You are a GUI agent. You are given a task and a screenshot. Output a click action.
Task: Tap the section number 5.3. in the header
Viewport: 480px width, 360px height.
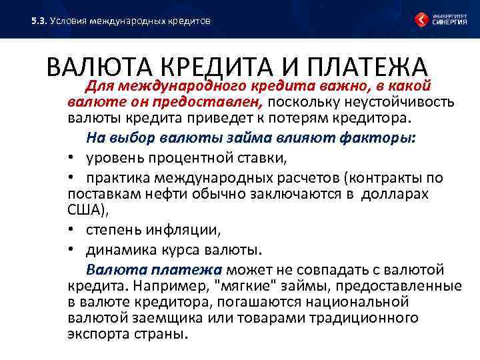tap(39, 21)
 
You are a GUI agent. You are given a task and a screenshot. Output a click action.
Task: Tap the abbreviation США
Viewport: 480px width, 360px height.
tap(84, 211)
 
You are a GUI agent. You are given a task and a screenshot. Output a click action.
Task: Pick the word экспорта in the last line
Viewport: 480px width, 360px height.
tap(98, 334)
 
